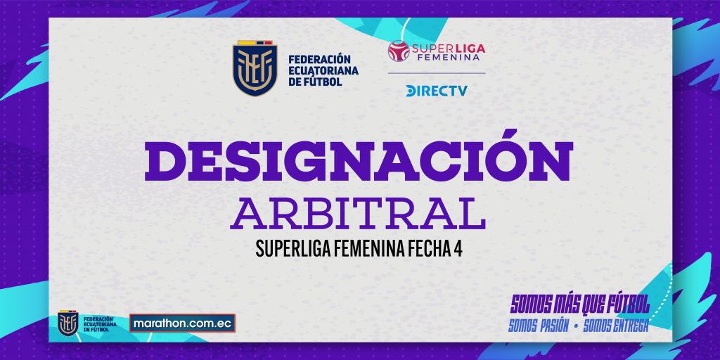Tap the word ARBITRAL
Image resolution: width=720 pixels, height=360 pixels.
pos(358,213)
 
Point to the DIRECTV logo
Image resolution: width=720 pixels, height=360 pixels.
pos(436,91)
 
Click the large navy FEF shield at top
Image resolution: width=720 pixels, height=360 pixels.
pos(255,68)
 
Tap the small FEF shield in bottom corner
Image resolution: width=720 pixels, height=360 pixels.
pos(68,323)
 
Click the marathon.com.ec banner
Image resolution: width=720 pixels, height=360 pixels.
pos(182,323)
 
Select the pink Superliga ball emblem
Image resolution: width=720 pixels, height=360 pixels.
pos(399,51)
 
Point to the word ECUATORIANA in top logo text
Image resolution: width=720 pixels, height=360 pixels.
pos(323,71)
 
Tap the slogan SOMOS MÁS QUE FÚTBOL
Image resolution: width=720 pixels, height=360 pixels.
pos(580,304)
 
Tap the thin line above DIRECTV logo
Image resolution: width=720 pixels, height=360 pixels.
pos(436,73)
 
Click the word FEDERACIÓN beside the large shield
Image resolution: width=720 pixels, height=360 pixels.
pos(320,60)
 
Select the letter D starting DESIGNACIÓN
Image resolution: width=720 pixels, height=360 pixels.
pos(166,161)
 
